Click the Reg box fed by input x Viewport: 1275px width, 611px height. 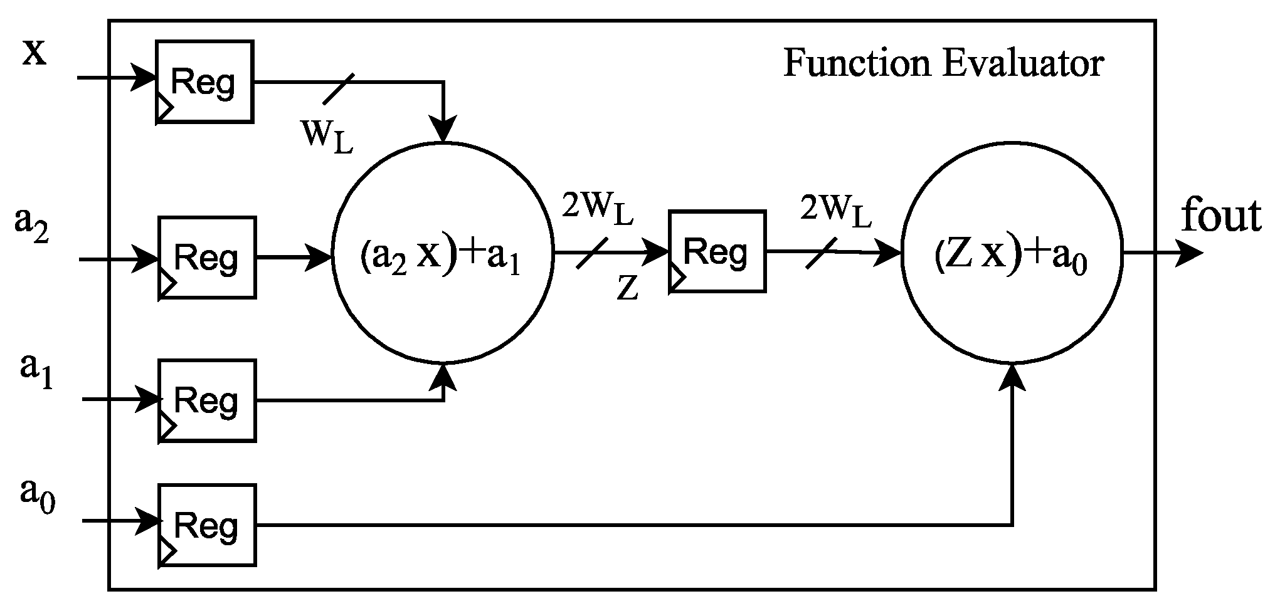(x=205, y=82)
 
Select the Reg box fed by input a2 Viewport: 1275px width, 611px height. (x=207, y=257)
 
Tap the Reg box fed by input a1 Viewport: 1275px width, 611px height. (x=207, y=400)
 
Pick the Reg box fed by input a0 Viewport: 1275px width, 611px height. (x=207, y=525)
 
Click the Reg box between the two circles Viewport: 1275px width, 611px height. (x=717, y=251)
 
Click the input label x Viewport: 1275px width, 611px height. (x=34, y=53)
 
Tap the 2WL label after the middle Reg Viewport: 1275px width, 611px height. (x=835, y=211)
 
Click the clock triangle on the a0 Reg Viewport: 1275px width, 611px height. (x=166, y=552)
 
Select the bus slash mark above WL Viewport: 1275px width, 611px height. (x=339, y=88)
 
